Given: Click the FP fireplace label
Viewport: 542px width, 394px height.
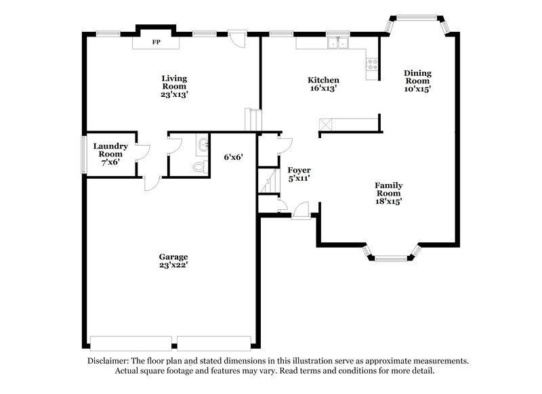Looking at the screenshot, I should pyautogui.click(x=156, y=43).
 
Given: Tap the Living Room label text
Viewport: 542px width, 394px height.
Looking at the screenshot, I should pyautogui.click(x=174, y=87).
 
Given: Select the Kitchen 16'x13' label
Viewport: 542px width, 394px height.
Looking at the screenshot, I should pyautogui.click(x=324, y=84).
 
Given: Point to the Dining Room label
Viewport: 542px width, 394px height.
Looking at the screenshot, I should pyautogui.click(x=417, y=81).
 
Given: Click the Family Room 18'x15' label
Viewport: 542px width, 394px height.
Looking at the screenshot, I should pyautogui.click(x=389, y=193).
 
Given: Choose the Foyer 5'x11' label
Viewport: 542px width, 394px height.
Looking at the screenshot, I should pyautogui.click(x=299, y=174).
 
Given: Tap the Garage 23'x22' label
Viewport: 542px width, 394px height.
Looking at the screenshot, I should pyautogui.click(x=173, y=261).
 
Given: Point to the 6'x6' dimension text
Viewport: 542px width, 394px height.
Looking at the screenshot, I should pyautogui.click(x=233, y=157).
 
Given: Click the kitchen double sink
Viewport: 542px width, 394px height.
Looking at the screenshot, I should pyautogui.click(x=336, y=43).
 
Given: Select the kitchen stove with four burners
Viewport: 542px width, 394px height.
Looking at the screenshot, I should pyautogui.click(x=372, y=65).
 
